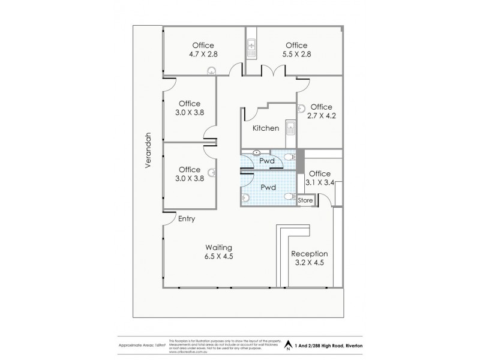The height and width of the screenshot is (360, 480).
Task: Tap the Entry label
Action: [x=187, y=220]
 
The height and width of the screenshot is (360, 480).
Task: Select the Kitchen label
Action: [x=265, y=128]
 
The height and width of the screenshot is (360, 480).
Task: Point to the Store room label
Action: [x=305, y=200]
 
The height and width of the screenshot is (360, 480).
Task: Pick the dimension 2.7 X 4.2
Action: [x=321, y=116]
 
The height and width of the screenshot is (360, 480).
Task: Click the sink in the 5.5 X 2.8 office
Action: [x=252, y=47]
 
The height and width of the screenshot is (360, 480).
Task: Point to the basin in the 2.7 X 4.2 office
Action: [x=301, y=108]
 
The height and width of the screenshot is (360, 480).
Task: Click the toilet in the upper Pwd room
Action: [x=290, y=157]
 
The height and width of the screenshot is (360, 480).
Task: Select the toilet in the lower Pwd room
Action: [x=290, y=196]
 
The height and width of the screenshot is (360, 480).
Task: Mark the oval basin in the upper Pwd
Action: [x=257, y=153]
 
